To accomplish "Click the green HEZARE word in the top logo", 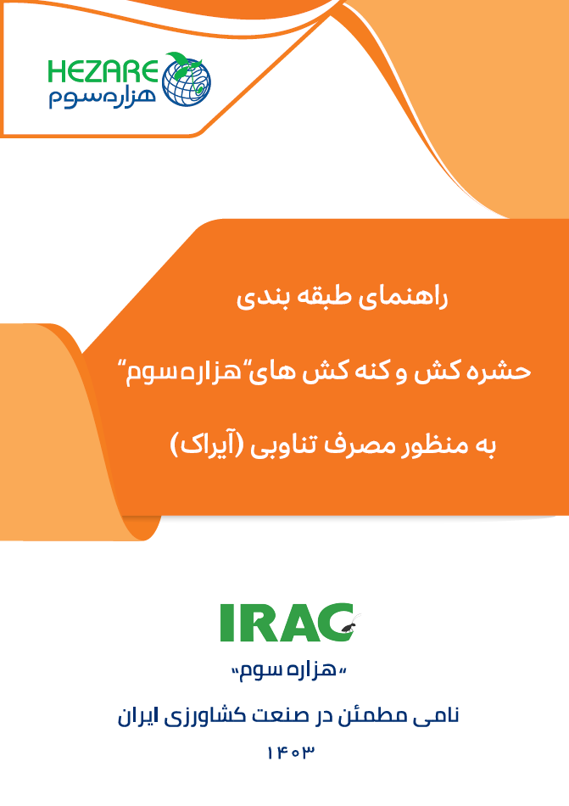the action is [103, 72].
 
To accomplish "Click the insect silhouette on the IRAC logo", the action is [352, 624].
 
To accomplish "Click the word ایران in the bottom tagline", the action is [136, 716].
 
